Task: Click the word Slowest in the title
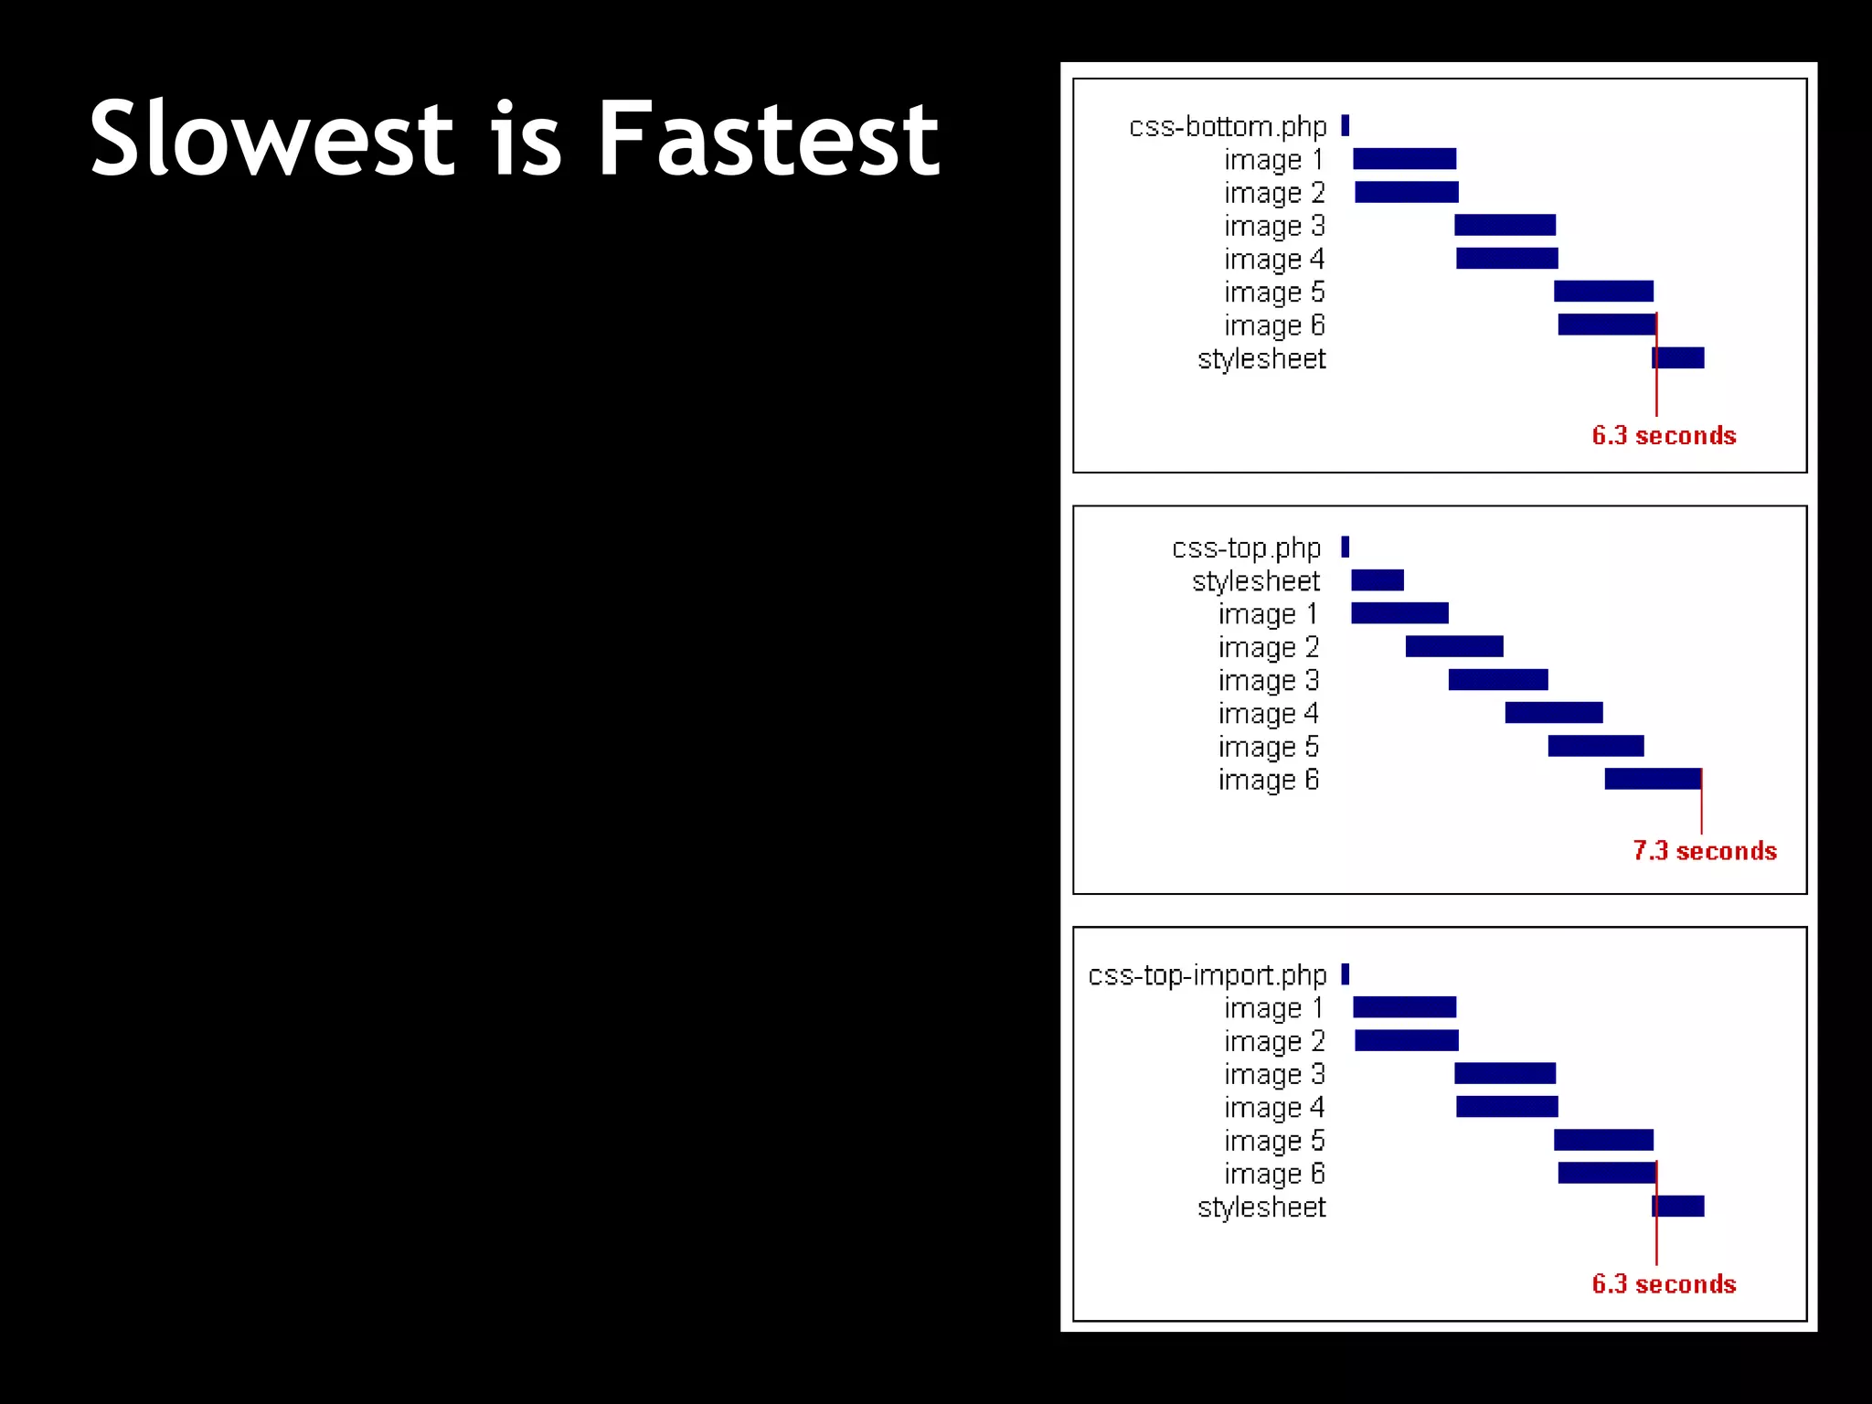(x=271, y=139)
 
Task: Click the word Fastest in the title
(x=768, y=139)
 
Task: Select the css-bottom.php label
(x=1227, y=126)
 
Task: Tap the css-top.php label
(x=1246, y=548)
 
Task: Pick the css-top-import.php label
(x=1207, y=974)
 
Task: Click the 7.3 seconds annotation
(x=1704, y=850)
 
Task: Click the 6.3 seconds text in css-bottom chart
(x=1664, y=435)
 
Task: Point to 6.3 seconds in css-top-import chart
(x=1664, y=1283)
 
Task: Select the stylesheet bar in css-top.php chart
(x=1377, y=580)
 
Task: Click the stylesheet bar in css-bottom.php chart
(x=1678, y=357)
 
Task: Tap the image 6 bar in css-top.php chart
(x=1652, y=779)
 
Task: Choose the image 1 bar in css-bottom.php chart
(x=1404, y=159)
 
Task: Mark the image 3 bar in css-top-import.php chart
(x=1505, y=1073)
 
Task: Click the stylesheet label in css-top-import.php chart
(x=1260, y=1207)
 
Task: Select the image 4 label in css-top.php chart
(x=1268, y=713)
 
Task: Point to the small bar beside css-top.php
(x=1345, y=547)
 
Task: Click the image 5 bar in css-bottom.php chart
(x=1603, y=291)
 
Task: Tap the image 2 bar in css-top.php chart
(x=1453, y=646)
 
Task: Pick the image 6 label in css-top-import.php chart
(x=1273, y=1174)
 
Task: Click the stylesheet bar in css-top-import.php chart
(x=1678, y=1206)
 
